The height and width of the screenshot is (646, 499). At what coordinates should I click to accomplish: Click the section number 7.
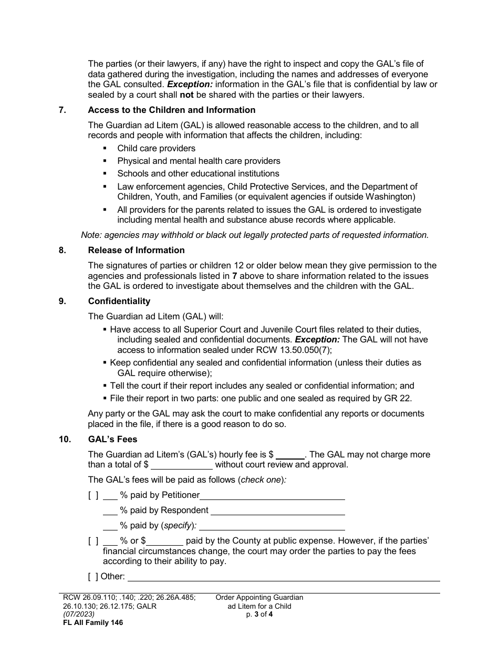(x=62, y=110)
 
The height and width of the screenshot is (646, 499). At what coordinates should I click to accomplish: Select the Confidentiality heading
(x=119, y=301)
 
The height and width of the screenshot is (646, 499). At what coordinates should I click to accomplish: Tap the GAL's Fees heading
(x=113, y=439)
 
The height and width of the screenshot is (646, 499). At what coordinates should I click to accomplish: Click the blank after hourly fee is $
(x=290, y=455)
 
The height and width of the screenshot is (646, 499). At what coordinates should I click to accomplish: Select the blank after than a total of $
(x=182, y=465)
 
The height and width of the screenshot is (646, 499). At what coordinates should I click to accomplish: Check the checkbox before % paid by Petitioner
(x=93, y=495)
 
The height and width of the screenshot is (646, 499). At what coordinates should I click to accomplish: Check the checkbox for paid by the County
(x=93, y=541)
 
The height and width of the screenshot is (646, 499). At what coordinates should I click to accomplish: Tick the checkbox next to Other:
(x=93, y=577)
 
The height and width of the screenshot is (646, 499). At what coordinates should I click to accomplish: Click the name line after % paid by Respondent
(x=277, y=510)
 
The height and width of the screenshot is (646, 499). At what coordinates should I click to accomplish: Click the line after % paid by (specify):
(x=272, y=526)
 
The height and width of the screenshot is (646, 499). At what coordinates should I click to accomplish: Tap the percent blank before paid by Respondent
(x=110, y=510)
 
